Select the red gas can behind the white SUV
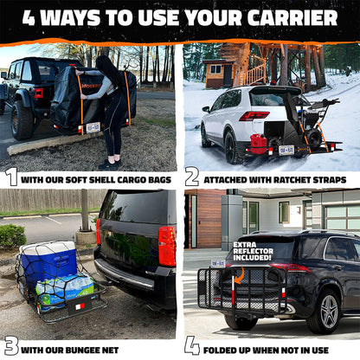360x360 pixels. coord(256,140)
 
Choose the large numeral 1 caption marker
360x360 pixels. coord(10,177)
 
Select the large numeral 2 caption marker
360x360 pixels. coord(192,177)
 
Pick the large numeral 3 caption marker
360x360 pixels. coord(10,346)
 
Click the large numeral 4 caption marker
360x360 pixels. coord(192,346)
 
